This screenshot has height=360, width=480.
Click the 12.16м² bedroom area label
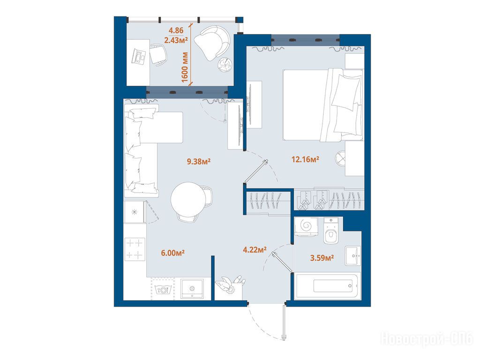(306, 159)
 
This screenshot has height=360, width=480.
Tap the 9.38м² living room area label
(199, 161)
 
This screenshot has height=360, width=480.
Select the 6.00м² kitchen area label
(172, 253)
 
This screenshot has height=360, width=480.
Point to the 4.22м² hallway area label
(255, 250)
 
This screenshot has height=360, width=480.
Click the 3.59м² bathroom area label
(322, 258)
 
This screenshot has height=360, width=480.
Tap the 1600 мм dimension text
(185, 67)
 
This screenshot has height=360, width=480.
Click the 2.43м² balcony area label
(176, 40)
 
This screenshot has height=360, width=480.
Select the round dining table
(188, 199)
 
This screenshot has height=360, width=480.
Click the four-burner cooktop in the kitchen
(135, 249)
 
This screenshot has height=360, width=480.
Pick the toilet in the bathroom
(330, 232)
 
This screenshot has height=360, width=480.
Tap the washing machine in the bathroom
(306, 226)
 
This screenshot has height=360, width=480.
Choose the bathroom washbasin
(353, 255)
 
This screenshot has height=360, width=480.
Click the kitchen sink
(192, 288)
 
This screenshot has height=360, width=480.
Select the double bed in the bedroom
(322, 105)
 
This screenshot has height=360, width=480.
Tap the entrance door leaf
(285, 322)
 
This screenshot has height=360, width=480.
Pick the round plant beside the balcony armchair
(225, 65)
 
